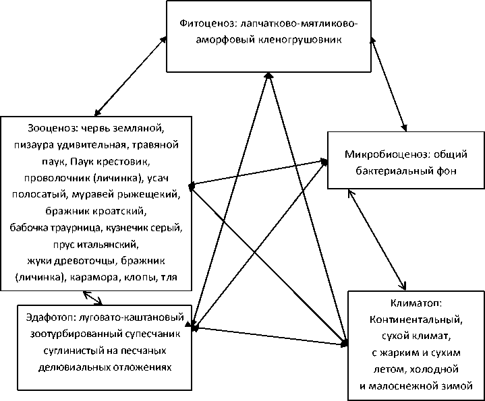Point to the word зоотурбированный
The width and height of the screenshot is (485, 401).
[x=70, y=335]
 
